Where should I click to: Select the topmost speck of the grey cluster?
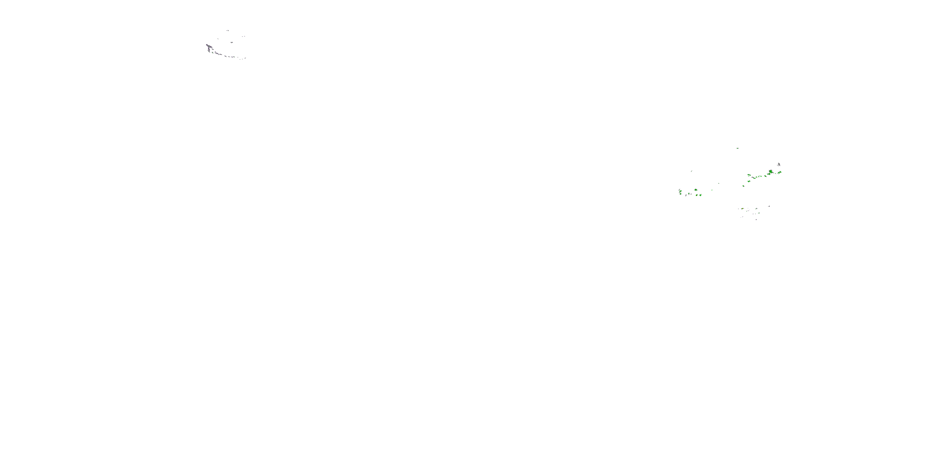228,31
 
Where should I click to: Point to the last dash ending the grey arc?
245,58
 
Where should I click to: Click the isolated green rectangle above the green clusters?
738,148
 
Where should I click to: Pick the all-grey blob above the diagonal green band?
779,164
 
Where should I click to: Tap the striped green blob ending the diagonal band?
780,173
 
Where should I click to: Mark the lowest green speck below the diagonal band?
744,186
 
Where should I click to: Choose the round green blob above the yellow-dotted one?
696,190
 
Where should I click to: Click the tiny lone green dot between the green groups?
712,190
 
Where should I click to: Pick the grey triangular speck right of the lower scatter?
769,206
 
